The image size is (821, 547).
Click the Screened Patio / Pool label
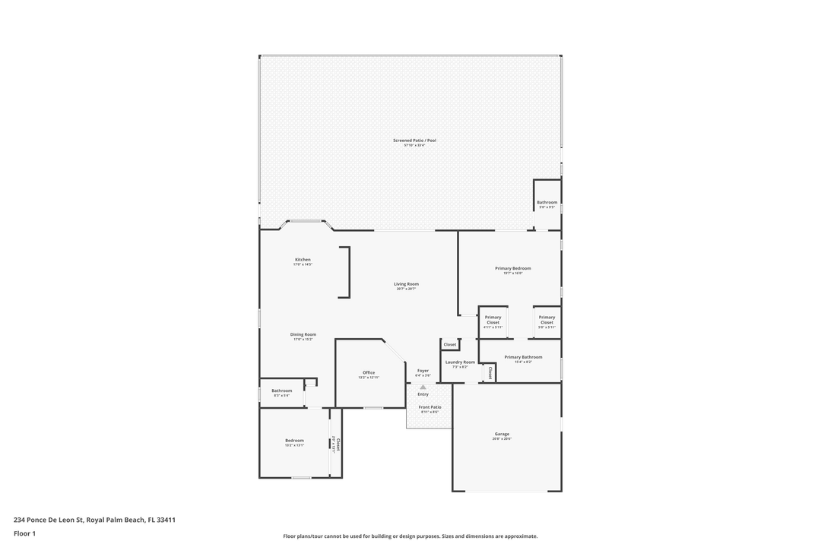414,141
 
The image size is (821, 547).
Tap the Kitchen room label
303,260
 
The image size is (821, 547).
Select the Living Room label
407,284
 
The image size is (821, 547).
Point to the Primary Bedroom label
513,268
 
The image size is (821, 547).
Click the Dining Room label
303,334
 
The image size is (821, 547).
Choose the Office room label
369,373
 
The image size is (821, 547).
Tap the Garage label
502,434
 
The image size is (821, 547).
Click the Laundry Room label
460,362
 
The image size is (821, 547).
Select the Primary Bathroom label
523,357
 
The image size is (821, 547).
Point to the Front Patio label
430,407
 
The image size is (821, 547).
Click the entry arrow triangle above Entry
423,387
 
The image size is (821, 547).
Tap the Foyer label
423,371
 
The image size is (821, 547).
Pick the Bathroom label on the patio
547,202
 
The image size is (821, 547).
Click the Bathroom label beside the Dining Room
281,390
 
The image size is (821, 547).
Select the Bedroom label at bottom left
294,441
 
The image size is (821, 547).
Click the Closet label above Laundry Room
450,344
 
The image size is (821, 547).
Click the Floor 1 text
24,533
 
